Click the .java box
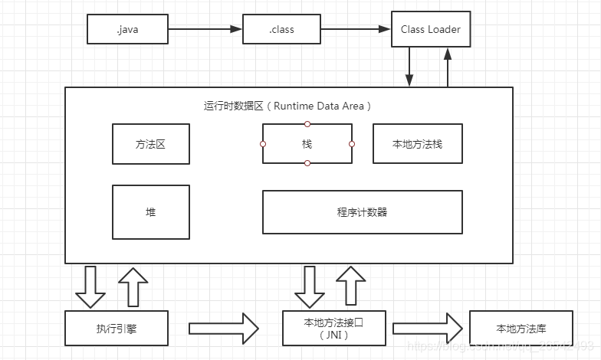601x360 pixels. click(127, 30)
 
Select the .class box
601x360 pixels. click(281, 30)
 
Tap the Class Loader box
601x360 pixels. click(430, 30)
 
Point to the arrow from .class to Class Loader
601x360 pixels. click(355, 30)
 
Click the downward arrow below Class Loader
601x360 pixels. click(410, 68)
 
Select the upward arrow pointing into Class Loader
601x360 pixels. click(448, 68)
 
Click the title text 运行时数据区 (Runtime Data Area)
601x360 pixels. click(288, 106)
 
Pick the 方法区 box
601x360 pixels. click(150, 143)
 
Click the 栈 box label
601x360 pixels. click(307, 143)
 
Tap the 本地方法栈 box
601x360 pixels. click(417, 143)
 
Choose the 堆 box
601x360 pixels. click(150, 212)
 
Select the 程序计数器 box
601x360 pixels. click(362, 212)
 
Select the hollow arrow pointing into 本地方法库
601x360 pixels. click(428, 329)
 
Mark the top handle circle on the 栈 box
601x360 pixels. click(307, 123)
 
